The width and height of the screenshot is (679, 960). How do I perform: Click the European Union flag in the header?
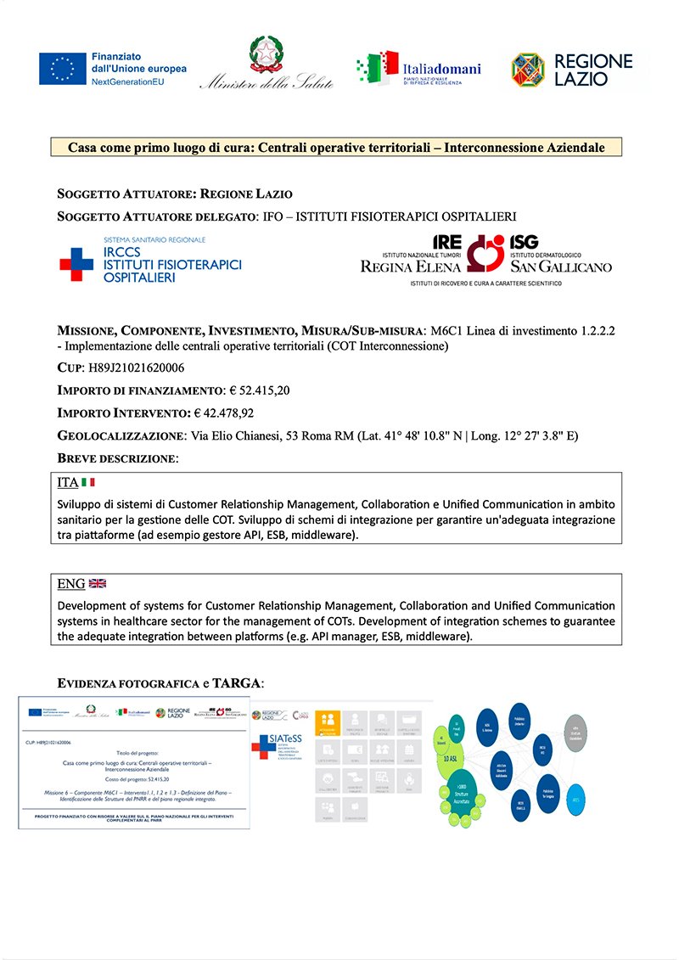(62, 69)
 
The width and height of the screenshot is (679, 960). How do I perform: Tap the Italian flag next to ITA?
(88, 483)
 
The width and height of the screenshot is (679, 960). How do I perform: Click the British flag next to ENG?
(98, 584)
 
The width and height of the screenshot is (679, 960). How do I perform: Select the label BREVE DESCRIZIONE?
(117, 458)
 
